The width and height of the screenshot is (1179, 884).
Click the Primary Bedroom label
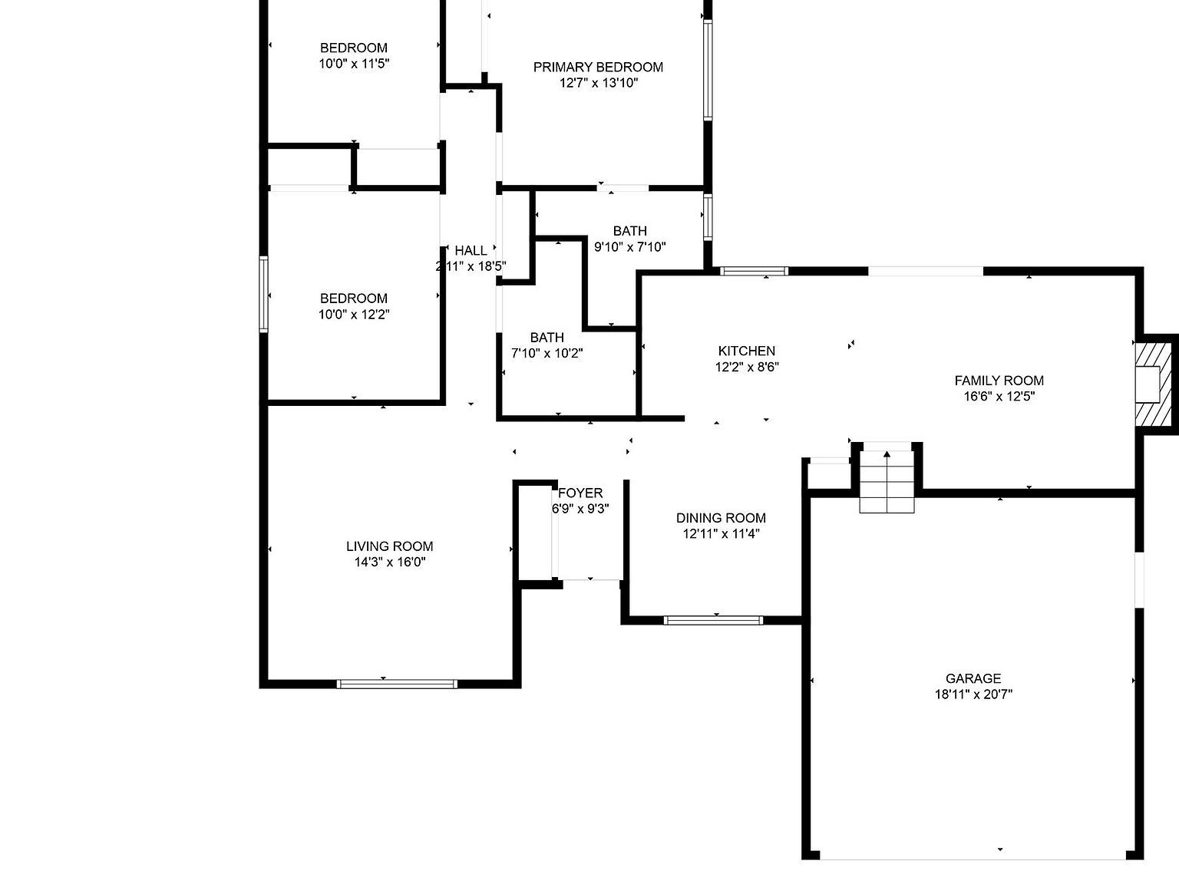tap(598, 67)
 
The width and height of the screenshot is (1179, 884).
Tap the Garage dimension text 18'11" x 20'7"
tap(973, 694)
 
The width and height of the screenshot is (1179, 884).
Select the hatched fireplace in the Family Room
tap(1153, 384)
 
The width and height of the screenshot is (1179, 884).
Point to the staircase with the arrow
tap(887, 482)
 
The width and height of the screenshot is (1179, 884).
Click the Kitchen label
tap(746, 351)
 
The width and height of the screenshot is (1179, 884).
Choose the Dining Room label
tap(721, 518)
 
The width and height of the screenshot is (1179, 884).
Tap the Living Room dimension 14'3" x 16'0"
tap(389, 562)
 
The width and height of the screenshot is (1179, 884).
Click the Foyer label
tap(580, 493)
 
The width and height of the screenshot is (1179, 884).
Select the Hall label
tap(471, 250)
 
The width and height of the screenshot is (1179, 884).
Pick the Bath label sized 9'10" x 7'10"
tap(629, 231)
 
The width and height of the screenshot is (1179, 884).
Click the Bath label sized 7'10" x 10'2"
tap(547, 338)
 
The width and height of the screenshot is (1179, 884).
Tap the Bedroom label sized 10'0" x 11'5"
tap(354, 48)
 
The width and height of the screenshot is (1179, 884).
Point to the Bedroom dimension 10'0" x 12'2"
tap(354, 315)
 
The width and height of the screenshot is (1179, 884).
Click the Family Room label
tap(999, 381)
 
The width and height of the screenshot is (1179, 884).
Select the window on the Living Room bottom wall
tap(398, 684)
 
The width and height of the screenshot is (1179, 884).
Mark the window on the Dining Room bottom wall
tap(713, 620)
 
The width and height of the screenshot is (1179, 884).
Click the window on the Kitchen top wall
tap(755, 271)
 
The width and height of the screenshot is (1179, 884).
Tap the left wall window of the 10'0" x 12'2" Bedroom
tap(264, 295)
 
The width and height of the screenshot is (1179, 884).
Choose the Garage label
tap(973, 678)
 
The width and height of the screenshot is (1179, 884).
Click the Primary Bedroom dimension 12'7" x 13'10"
tap(598, 83)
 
